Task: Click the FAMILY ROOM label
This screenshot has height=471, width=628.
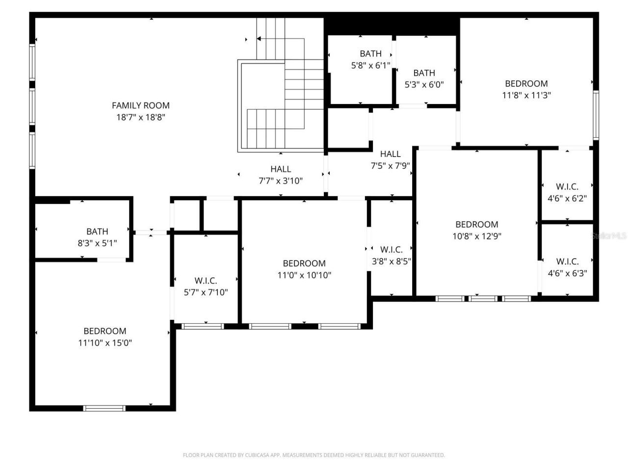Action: [x=141, y=105]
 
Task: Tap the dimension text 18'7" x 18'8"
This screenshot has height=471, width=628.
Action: [x=141, y=117]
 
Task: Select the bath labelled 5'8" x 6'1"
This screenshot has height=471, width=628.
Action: [x=370, y=59]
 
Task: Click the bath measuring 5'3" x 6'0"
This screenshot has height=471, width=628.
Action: [x=424, y=78]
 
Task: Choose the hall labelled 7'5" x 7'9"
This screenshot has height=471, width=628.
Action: [x=390, y=160]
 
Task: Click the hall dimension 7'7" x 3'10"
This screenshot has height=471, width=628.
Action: [x=281, y=181]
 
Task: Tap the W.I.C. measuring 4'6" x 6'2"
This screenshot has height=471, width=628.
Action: [x=567, y=192]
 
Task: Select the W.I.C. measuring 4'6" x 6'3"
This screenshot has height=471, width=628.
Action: [x=567, y=267]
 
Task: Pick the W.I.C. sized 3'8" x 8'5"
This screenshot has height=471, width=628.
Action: [x=391, y=256]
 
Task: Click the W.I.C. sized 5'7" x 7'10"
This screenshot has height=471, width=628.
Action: [x=206, y=287]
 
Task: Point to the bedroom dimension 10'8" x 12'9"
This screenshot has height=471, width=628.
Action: [x=477, y=236]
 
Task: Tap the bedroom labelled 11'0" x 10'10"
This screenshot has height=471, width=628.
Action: [x=304, y=269]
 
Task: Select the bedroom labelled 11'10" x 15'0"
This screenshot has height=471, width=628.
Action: [x=105, y=337]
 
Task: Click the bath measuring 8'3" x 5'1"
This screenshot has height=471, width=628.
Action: [x=97, y=237]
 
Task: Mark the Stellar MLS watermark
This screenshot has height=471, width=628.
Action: [x=609, y=236]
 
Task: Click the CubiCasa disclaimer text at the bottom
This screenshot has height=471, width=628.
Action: [x=314, y=455]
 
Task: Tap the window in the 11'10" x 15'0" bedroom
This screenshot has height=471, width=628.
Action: [x=104, y=408]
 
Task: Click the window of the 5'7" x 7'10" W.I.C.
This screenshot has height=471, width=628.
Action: [x=202, y=326]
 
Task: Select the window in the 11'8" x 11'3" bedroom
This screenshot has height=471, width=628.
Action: [x=596, y=115]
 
